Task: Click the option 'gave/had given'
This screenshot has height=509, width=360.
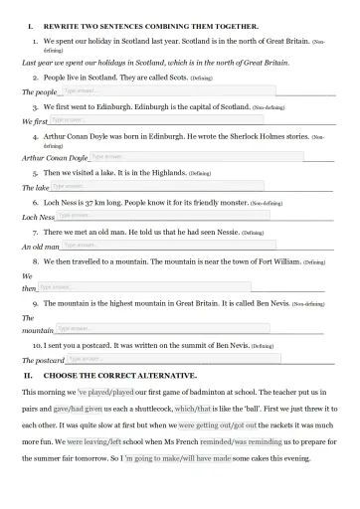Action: tap(78, 409)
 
